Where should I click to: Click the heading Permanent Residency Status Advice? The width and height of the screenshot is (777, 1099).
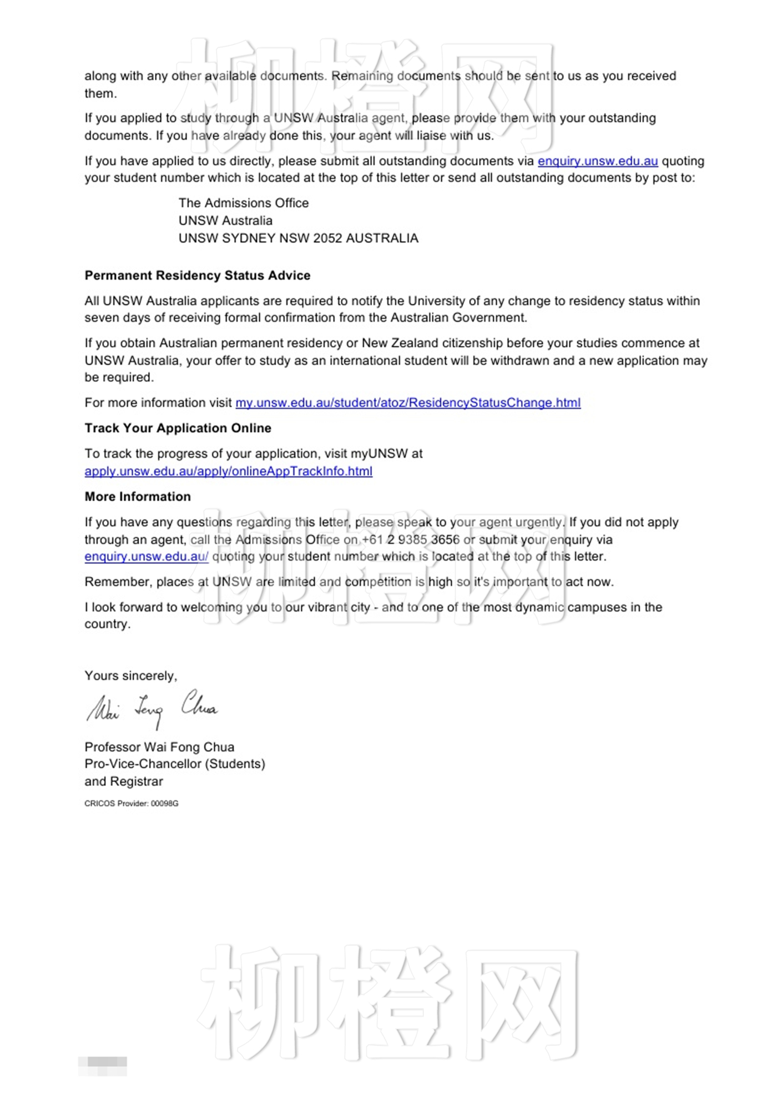point(197,275)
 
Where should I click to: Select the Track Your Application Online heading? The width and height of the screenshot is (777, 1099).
point(178,428)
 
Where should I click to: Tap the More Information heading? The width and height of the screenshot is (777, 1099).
point(137,496)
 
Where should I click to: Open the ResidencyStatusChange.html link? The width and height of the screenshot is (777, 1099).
point(408,402)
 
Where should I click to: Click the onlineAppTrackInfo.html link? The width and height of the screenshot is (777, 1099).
point(228,471)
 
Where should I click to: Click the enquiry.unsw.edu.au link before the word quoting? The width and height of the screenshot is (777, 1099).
point(597,161)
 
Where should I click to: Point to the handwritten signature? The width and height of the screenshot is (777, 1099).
point(151,708)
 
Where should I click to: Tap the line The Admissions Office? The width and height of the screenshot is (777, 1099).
point(243,203)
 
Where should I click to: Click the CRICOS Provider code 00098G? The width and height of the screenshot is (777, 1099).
point(164,803)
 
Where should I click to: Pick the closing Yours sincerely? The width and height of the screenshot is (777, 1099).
point(130,675)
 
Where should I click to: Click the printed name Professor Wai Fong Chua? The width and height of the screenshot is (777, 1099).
point(159,747)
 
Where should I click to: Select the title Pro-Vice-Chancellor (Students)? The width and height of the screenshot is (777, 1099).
point(174,764)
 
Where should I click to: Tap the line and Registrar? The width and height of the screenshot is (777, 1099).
point(124,781)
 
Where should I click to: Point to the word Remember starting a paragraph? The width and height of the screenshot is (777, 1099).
point(117,582)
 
